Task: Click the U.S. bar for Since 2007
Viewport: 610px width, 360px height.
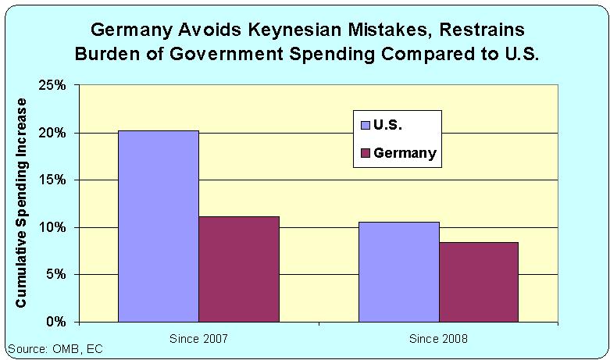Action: pos(158,226)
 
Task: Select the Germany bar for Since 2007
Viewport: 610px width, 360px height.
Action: pos(239,269)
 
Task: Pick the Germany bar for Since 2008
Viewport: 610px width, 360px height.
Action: pos(478,281)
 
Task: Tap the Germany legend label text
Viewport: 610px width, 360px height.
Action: pos(405,152)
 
